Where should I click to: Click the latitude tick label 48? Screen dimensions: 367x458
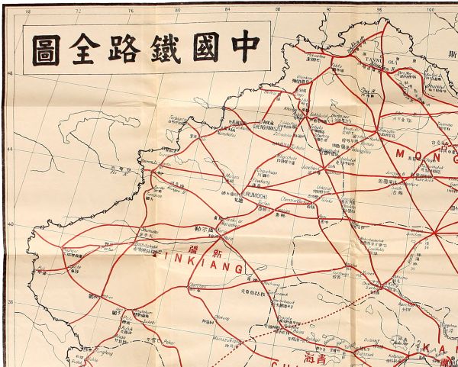(9, 74)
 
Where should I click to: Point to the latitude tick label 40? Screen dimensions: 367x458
(9, 224)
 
